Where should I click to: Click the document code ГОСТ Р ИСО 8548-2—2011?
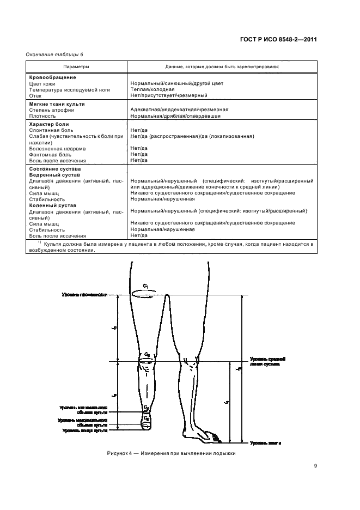point(278,39)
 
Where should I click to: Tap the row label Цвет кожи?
point(41,83)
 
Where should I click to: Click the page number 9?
point(315,465)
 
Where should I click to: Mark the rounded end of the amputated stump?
point(146,427)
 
